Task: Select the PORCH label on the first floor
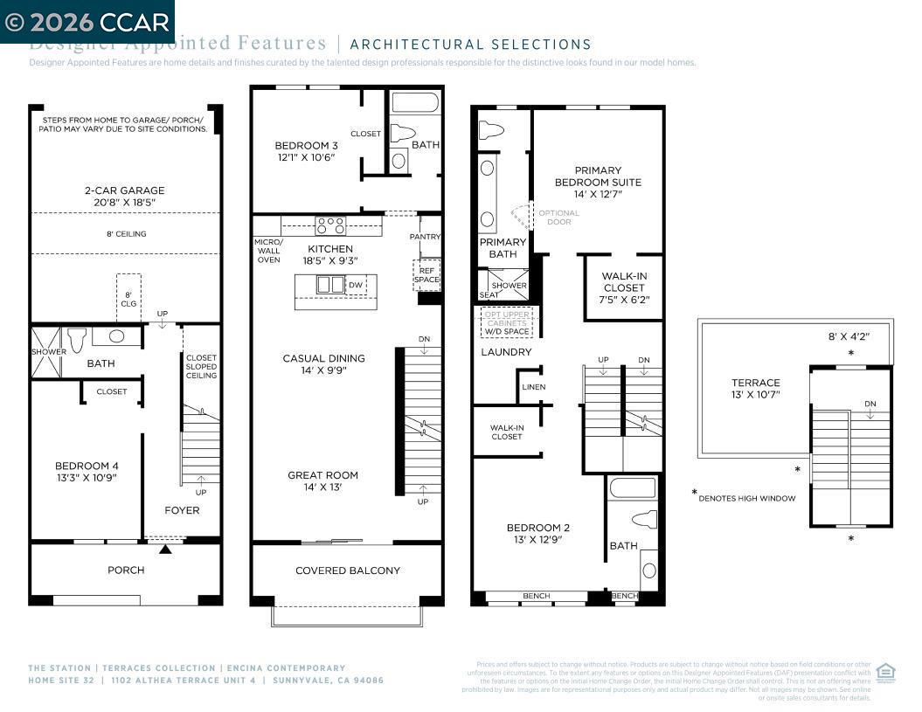click(126, 570)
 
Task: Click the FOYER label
click(183, 510)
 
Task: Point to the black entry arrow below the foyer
click(165, 550)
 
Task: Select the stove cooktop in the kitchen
click(330, 225)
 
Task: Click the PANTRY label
click(426, 237)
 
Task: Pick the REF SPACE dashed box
click(426, 274)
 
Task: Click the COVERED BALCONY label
click(348, 570)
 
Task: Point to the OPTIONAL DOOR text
click(558, 218)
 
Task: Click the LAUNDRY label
click(506, 352)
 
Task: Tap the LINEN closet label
click(533, 386)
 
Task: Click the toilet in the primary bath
click(492, 130)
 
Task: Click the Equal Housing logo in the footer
click(885, 672)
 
